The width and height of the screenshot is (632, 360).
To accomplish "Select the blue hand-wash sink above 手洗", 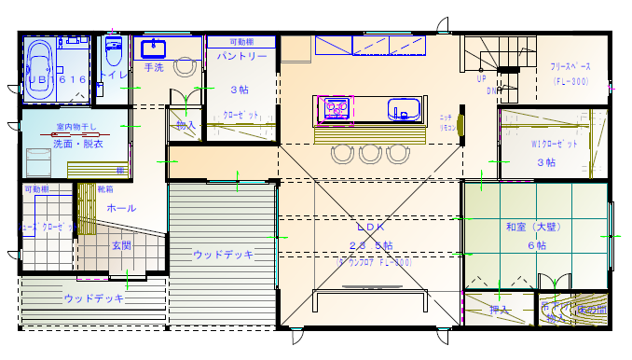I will click(153, 48).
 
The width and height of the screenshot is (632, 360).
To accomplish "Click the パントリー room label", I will click(242, 57).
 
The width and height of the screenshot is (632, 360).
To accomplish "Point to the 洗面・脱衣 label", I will click(77, 145).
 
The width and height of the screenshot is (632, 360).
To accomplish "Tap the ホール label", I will click(122, 208).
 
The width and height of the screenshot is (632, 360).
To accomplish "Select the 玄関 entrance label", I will click(121, 245).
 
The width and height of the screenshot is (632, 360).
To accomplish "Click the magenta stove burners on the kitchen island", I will click(336, 110).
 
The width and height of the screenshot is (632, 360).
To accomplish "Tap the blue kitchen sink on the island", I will click(404, 109).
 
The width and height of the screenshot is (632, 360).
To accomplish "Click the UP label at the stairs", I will click(482, 79).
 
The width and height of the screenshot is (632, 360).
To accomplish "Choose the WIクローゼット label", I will click(555, 145).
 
